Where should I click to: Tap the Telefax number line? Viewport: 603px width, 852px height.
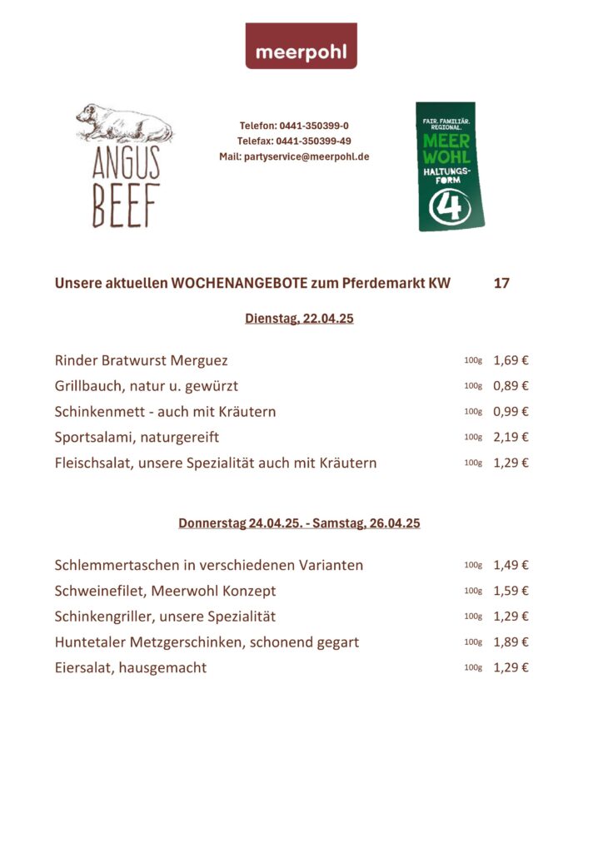pos(294,141)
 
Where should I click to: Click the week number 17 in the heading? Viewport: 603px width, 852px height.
pos(501,284)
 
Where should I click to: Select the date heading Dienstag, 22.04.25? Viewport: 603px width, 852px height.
pos(299,319)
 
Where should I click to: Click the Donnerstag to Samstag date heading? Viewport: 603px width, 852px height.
pos(299,523)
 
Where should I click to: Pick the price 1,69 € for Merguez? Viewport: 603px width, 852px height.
pos(511,361)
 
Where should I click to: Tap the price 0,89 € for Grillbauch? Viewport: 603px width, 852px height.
pos(511,386)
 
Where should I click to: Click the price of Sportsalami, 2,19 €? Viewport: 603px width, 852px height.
pos(511,437)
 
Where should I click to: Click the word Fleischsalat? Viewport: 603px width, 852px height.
pos(90,463)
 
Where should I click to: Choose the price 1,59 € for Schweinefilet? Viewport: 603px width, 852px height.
pos(511,592)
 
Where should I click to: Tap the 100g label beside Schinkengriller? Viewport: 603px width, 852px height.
pos(473,617)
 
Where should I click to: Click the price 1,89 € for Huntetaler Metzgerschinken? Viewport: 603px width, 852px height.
pos(511,642)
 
